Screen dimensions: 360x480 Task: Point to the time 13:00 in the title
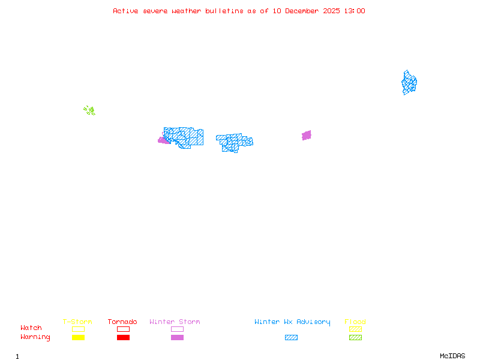[x=355, y=11]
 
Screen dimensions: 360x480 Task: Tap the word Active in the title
[x=126, y=11]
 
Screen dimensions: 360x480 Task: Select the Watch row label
[x=31, y=328]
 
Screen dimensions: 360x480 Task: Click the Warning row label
[x=35, y=337]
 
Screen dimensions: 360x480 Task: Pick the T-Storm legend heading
[x=77, y=322]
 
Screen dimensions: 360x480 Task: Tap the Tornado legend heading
[x=122, y=322]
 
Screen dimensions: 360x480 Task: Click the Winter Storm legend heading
[x=175, y=322]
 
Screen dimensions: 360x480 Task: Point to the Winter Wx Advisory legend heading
[x=292, y=322]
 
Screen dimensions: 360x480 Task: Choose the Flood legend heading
[x=355, y=322]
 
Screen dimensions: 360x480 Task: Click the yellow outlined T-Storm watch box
[x=78, y=329]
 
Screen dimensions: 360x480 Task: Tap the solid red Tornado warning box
[x=123, y=337]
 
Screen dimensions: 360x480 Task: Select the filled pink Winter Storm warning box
[x=177, y=337]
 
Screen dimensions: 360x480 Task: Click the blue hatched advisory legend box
[x=291, y=337]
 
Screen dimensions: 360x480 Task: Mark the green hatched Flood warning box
[x=355, y=337]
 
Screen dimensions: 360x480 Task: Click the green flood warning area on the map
[x=89, y=110]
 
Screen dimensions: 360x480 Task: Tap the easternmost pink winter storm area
[x=307, y=135]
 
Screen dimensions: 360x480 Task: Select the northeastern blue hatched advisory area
[x=409, y=83]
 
